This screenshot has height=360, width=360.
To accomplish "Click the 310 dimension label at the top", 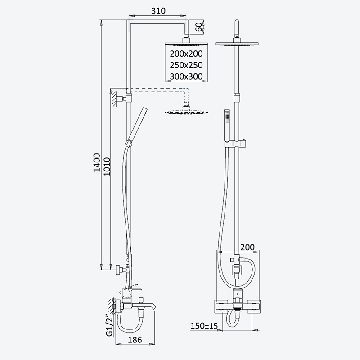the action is [158, 11].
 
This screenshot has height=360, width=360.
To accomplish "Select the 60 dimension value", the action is [199, 27].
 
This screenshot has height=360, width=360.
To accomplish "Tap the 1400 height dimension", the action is [97, 162].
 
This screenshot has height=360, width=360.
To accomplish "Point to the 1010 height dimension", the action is [107, 166].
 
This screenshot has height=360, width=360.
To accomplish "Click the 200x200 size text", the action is [186, 54].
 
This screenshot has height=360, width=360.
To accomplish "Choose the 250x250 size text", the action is [186, 65].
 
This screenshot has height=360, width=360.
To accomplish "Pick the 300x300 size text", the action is [186, 76].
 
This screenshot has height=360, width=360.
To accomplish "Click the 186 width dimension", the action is [135, 340].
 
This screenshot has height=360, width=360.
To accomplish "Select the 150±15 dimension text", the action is [204, 325].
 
